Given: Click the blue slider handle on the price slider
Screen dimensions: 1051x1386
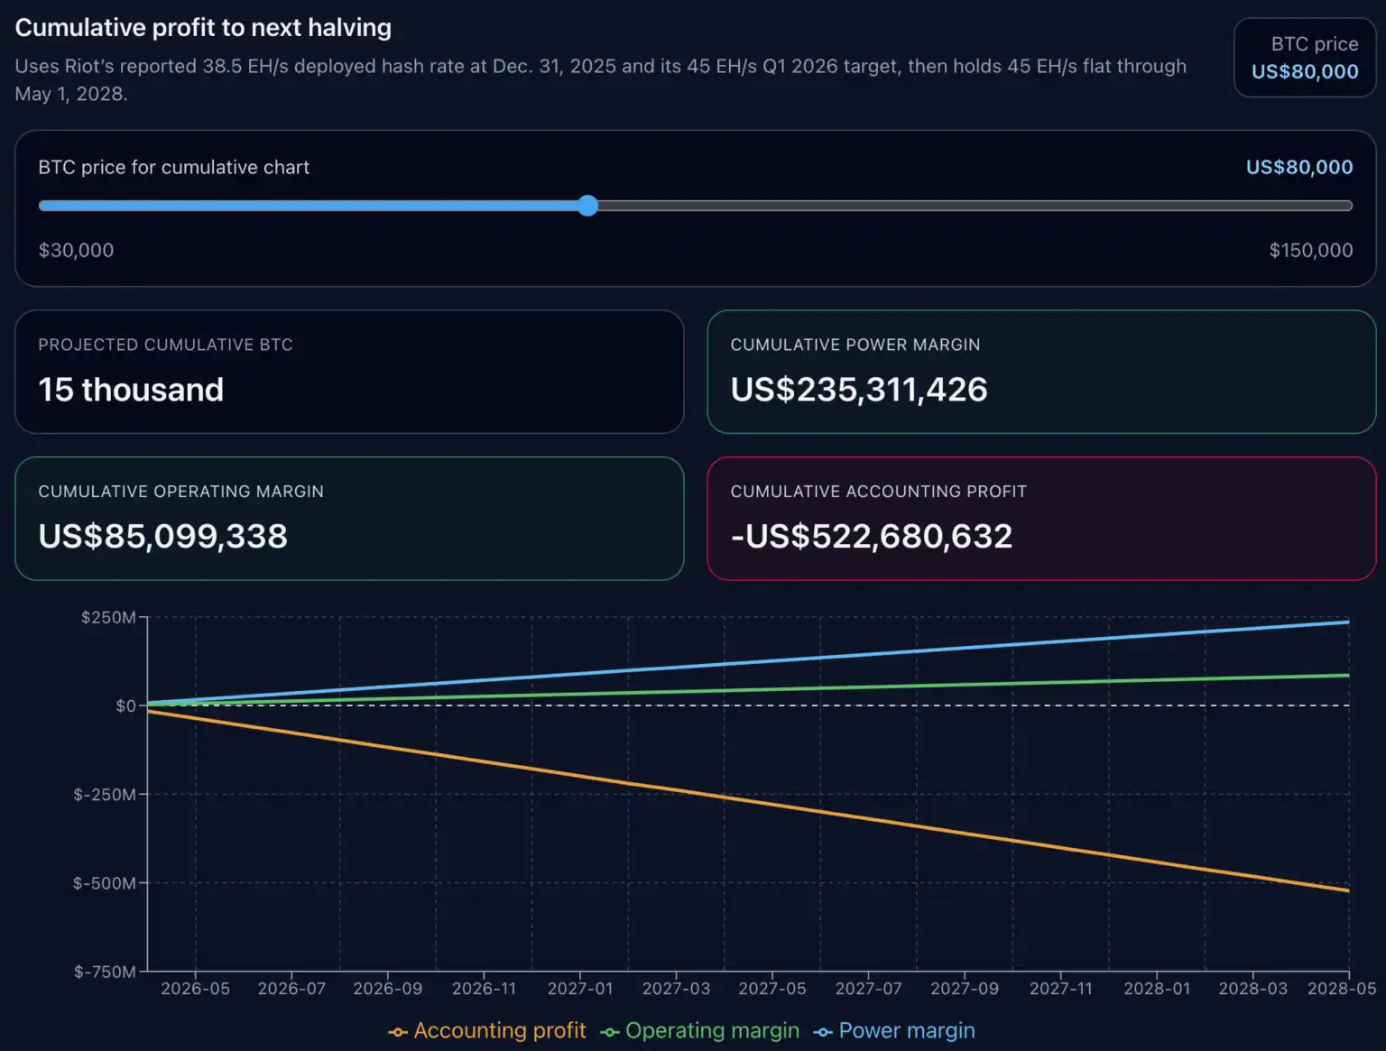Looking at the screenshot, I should (587, 206).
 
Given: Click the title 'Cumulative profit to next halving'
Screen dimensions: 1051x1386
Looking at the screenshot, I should (203, 28).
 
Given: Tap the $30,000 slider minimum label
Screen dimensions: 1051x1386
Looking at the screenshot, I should (76, 250).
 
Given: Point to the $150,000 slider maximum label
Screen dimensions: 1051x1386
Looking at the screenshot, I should (1310, 250).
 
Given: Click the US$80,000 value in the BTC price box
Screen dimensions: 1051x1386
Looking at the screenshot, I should (1304, 72).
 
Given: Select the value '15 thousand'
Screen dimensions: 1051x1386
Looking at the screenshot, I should (131, 390).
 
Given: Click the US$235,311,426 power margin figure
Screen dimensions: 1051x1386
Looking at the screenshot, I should (858, 390).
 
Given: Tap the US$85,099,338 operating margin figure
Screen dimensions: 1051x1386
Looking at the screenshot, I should (162, 536).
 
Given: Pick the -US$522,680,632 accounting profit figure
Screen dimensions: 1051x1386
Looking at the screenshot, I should (871, 536).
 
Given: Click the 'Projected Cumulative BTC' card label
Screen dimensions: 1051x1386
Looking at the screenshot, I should (165, 345).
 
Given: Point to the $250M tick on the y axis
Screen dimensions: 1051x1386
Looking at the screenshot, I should (108, 617).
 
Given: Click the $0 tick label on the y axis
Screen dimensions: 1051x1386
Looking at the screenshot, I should (125, 705).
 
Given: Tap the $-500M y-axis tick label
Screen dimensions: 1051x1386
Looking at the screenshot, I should (105, 883).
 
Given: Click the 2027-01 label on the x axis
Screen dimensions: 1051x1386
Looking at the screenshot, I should (580, 989).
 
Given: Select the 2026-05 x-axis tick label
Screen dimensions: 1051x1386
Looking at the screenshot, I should (195, 989).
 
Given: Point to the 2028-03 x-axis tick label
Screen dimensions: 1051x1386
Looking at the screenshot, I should (1252, 989).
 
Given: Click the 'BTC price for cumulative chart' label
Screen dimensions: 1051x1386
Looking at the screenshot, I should (173, 167).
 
